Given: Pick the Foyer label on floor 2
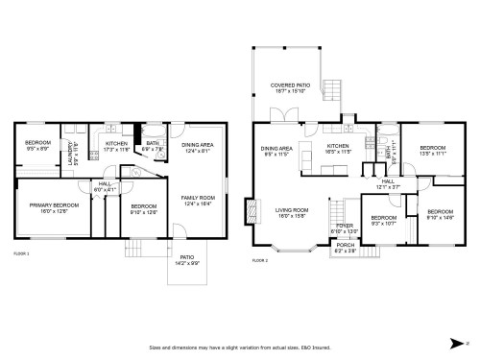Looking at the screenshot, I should click(x=344, y=228).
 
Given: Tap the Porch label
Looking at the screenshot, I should click(x=344, y=247).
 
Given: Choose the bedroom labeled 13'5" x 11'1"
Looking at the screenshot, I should click(x=434, y=151).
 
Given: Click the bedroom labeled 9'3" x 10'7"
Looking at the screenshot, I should click(x=384, y=220).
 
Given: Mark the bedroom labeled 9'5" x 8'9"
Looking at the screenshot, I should click(x=37, y=146).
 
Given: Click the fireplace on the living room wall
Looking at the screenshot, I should click(x=252, y=210).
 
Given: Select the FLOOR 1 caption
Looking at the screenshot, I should click(x=21, y=253).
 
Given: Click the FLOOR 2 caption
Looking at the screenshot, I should click(x=259, y=260).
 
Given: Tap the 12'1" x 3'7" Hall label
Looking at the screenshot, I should click(x=388, y=183).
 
